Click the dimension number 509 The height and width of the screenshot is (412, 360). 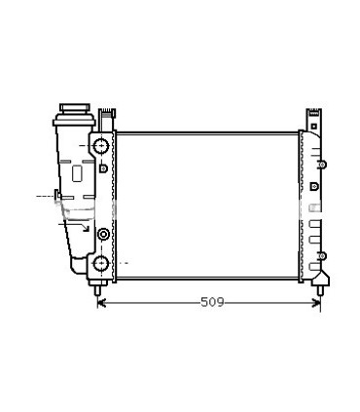click(211, 302)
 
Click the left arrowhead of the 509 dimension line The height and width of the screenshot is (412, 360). click(102, 302)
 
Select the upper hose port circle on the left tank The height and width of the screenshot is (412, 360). click(100, 146)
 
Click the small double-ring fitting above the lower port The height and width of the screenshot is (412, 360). click(100, 233)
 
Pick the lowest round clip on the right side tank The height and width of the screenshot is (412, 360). click(316, 256)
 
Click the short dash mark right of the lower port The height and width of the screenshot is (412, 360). click(126, 263)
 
